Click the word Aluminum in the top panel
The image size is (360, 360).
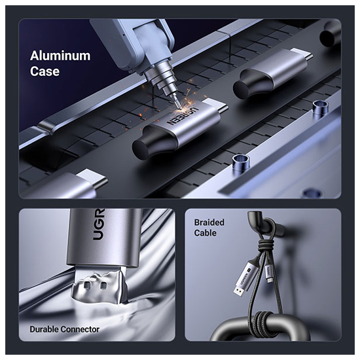click(60, 56)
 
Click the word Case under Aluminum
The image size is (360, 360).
click(45, 71)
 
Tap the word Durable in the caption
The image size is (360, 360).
click(44, 329)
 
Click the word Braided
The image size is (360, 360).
click(209, 223)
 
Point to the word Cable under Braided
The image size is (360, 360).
click(206, 233)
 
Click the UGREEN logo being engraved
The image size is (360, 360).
click(182, 116)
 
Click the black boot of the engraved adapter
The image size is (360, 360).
click(152, 141)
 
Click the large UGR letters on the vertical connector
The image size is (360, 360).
click(99, 225)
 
